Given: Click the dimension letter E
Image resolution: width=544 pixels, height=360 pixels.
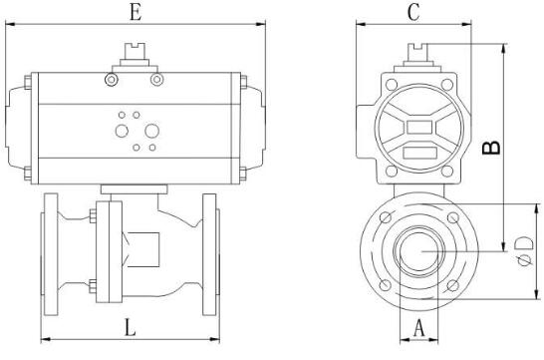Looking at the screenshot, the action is pos(136,13).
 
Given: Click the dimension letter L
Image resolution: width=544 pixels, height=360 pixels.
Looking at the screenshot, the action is pos(131,327).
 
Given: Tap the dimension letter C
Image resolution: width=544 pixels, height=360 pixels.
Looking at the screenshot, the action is pos(413,13).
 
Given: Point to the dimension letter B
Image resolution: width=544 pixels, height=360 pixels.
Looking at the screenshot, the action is pos(491,148).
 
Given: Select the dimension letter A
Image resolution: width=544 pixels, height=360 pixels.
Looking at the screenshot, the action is pos(419,328).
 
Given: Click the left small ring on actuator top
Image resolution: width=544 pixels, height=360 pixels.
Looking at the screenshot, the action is pos(112,80).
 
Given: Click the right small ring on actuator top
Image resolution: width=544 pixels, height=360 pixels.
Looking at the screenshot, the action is pos(156,80).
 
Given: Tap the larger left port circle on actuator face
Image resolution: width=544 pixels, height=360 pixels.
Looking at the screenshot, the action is pos(122,131).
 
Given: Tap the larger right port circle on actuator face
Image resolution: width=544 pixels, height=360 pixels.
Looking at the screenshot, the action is pos(152,131).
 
